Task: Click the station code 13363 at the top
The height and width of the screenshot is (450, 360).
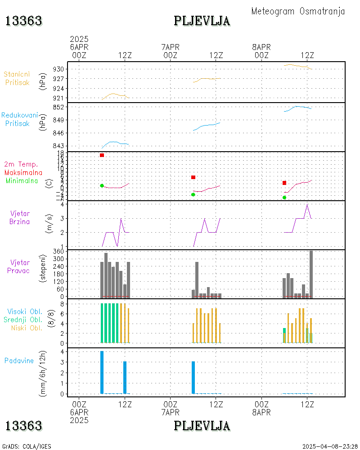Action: click(x=24, y=21)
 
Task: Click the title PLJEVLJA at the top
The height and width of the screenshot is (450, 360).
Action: click(x=202, y=21)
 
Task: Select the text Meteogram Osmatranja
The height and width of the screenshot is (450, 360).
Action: click(x=298, y=11)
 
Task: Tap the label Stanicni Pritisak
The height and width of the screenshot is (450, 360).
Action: click(x=16, y=78)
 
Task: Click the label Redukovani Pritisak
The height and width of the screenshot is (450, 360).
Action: click(x=19, y=119)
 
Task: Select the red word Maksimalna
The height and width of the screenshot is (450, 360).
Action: click(x=23, y=172)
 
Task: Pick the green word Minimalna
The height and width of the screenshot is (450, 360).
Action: click(x=22, y=180)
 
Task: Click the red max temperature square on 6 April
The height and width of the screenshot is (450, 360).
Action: click(x=102, y=155)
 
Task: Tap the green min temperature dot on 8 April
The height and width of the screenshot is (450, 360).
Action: click(x=284, y=198)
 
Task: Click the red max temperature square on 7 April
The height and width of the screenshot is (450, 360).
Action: click(x=193, y=177)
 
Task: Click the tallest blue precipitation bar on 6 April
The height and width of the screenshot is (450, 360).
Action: click(x=102, y=372)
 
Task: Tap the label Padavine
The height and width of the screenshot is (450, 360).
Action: click(x=19, y=360)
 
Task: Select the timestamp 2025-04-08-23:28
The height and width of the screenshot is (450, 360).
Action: click(x=329, y=446)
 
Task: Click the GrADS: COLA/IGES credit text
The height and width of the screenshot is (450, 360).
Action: click(x=27, y=446)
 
